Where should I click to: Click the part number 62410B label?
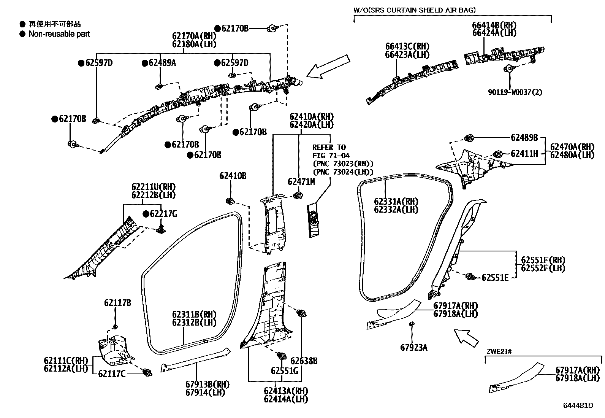tap(233, 176)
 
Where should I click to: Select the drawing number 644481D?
tap(578, 405)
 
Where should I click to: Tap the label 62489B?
tap(524, 138)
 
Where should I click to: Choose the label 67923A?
tap(413, 347)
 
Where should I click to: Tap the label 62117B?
tap(117, 303)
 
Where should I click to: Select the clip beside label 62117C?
tap(147, 372)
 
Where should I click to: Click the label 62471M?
tap(301, 182)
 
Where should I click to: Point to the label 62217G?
tap(163, 214)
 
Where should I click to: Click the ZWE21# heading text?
tap(499, 351)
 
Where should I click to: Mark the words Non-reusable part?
tap(59, 34)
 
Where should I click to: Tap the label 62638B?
tap(304, 361)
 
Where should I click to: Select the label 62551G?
tap(284, 370)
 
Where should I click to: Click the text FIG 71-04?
tap(331, 156)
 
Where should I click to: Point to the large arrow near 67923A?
tap(466, 337)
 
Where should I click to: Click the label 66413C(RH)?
tap(407, 46)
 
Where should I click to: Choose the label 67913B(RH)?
tap(207, 384)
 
